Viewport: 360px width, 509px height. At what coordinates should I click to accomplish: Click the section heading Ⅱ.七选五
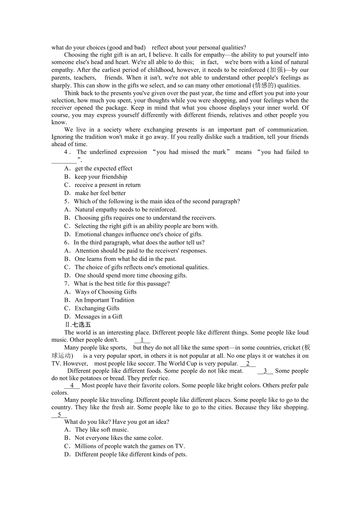pyautogui.click(x=78, y=324)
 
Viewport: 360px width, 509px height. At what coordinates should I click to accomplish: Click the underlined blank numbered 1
pyautogui.click(x=142, y=340)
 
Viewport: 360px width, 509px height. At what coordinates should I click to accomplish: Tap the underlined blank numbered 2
pyautogui.click(x=248, y=364)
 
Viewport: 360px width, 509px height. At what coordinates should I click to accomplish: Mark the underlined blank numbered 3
pyautogui.click(x=265, y=371)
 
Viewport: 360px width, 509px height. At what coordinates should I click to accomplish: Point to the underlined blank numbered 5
pyautogui.click(x=59, y=415)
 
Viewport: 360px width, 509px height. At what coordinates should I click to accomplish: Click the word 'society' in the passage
pyautogui.click(x=113, y=130)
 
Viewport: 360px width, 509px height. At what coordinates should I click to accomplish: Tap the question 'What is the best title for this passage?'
pyautogui.click(x=122, y=284)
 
